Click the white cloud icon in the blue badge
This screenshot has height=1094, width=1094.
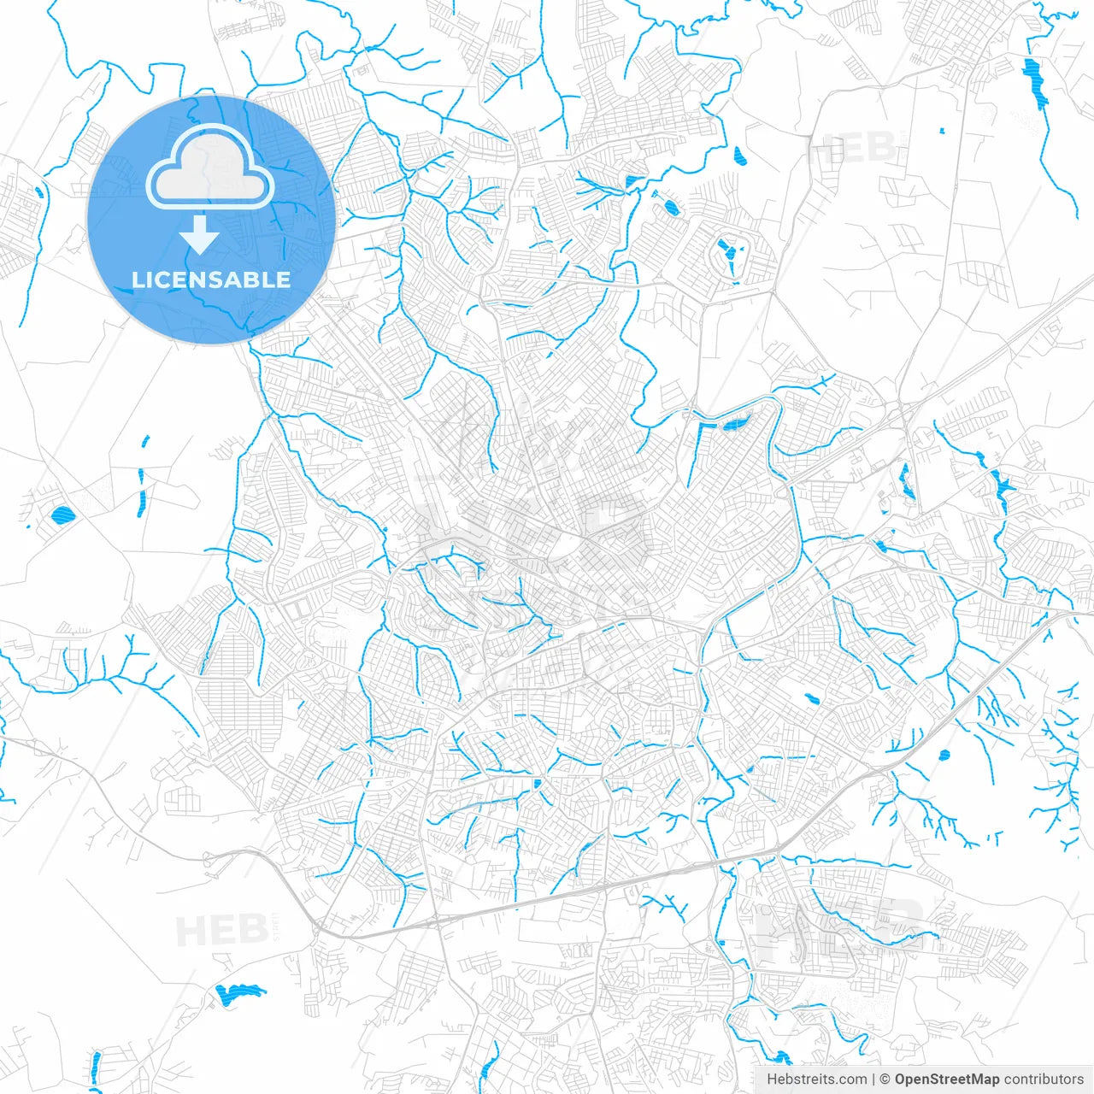210,168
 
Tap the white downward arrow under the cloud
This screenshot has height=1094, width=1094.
200,235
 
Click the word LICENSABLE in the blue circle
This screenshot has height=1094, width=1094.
211,279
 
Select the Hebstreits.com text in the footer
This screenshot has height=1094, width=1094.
816,1079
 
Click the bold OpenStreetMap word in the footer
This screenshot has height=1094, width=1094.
947,1079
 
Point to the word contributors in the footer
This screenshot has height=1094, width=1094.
1044,1079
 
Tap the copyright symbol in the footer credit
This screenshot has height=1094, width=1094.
885,1079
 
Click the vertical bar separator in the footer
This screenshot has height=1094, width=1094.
873,1079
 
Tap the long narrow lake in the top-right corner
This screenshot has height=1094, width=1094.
1034,82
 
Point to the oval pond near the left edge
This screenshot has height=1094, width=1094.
62,515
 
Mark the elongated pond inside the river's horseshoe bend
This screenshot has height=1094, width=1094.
734,424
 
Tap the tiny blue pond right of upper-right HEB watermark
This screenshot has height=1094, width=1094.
941,131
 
